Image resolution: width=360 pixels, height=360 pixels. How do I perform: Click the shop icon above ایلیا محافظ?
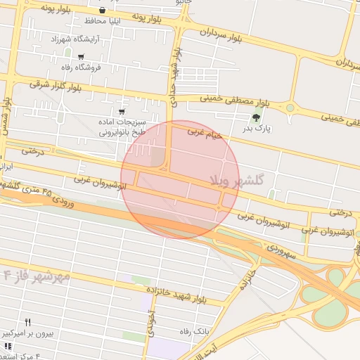[103, 11]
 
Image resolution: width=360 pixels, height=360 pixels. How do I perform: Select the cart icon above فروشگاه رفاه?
[82, 57]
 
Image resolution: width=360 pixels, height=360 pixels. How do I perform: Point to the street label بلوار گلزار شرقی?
[56, 85]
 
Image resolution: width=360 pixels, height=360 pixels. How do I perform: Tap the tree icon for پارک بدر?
[255, 117]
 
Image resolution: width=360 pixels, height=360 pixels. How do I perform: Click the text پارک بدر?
[257, 129]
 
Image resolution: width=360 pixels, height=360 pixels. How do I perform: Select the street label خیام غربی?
[205, 131]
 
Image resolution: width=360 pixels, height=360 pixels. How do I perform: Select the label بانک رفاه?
[195, 330]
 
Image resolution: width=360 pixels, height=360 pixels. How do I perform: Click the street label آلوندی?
[150, 323]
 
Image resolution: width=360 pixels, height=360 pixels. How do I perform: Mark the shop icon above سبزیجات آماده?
[122, 111]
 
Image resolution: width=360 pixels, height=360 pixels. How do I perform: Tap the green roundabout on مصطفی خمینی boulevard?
[289, 108]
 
